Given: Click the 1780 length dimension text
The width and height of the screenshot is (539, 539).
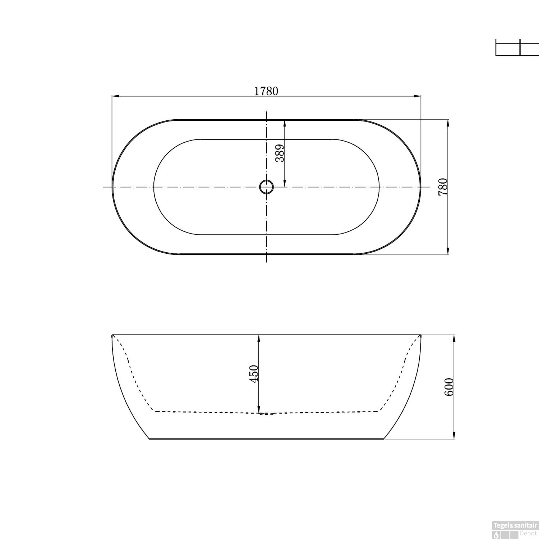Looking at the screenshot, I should [266, 91].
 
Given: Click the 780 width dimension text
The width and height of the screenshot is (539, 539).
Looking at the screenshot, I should [443, 186].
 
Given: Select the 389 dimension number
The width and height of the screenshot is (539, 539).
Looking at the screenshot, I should [280, 153].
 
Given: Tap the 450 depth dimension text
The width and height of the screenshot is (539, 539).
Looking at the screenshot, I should [254, 374].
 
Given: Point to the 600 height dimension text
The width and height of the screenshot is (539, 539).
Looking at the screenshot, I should [449, 387].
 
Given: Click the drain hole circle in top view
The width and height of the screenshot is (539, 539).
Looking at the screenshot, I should [266, 187].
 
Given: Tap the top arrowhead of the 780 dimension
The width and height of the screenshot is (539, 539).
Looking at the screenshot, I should [448, 123].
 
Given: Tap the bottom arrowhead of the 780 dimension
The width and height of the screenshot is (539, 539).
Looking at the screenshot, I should [448, 251].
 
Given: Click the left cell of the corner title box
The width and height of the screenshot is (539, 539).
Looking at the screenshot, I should [508, 48].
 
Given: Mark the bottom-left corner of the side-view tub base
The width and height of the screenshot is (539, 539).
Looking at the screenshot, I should [149, 439].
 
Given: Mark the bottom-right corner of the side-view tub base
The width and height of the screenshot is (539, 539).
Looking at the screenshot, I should [384, 439].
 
